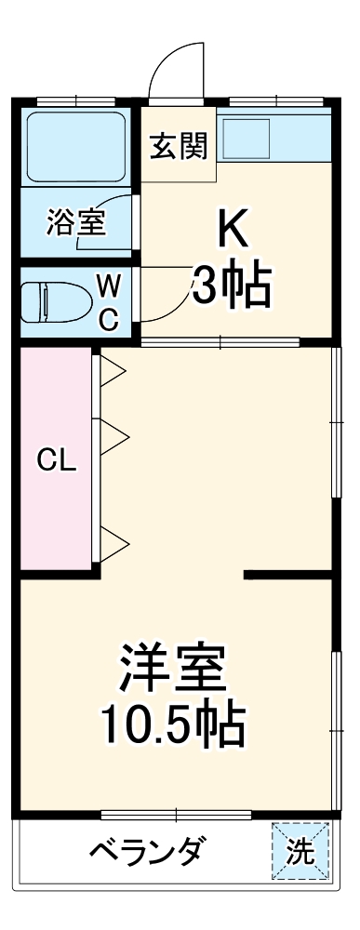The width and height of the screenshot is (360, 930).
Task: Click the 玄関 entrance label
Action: [x=179, y=147]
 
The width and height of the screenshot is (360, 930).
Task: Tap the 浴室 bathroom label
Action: [x=75, y=222]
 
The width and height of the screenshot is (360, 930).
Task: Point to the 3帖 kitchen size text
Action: [x=232, y=287]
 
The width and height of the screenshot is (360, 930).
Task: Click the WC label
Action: [x=109, y=299]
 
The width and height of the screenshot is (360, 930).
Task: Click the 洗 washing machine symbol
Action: [x=300, y=851]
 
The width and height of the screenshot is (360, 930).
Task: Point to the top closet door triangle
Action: [x=113, y=371]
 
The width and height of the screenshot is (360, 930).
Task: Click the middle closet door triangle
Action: [x=113, y=436]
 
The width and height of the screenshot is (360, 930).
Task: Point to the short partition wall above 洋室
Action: [x=288, y=575]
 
